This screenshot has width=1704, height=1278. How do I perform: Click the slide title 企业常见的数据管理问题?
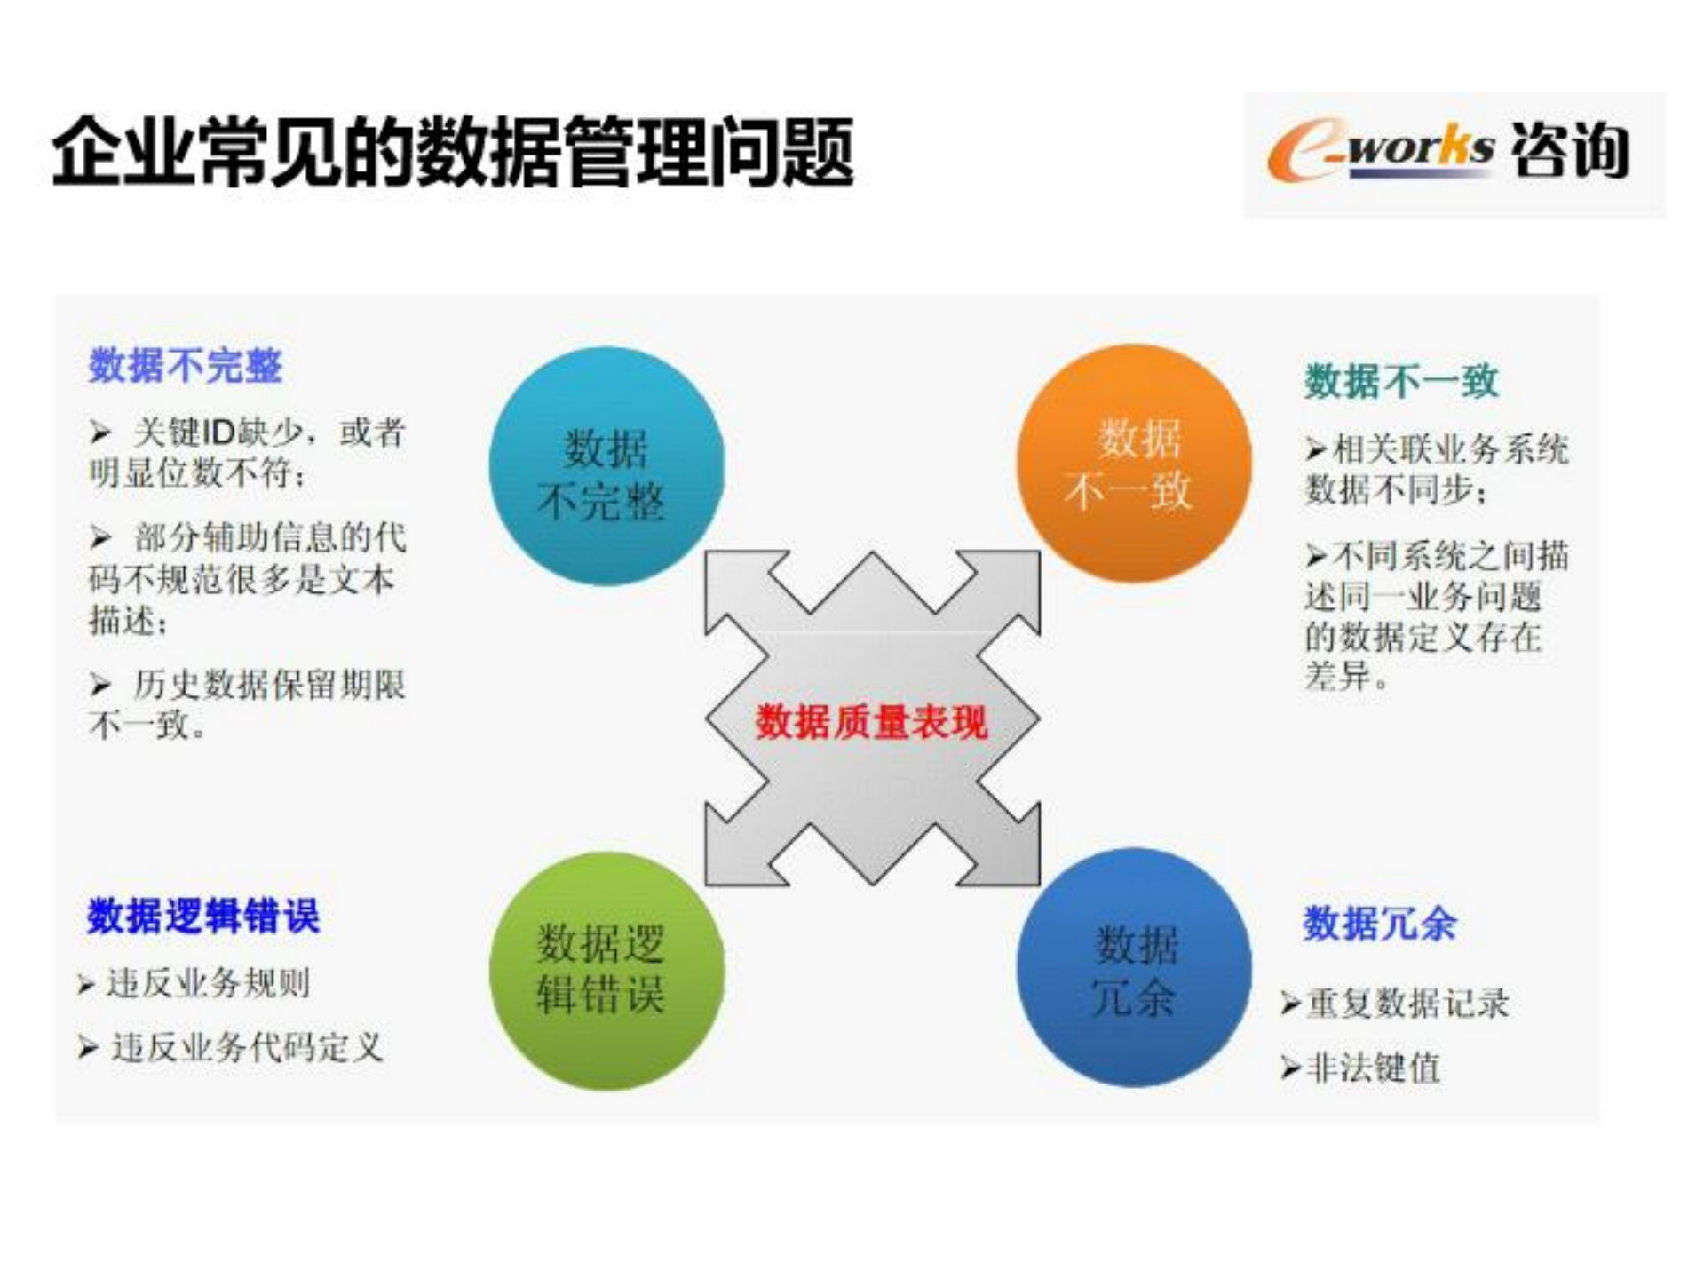coord(453,152)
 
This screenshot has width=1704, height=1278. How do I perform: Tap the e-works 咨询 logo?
coord(1452,153)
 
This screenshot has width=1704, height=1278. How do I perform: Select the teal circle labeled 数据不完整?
coord(606,466)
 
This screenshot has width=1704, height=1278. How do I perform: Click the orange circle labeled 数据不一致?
coord(1134,464)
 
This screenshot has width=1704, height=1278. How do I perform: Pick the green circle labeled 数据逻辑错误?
coord(606,971)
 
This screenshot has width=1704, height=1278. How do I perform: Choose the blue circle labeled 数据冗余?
coord(1134,968)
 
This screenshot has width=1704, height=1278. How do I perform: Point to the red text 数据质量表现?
coord(871,721)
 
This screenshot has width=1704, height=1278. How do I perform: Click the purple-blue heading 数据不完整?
coord(186,365)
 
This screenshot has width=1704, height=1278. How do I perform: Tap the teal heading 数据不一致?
coord(1401,381)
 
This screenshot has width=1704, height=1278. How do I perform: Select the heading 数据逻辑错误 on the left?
coord(203,916)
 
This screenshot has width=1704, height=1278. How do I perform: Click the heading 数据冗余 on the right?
coord(1379,923)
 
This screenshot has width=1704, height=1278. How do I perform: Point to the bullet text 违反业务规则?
coord(208,983)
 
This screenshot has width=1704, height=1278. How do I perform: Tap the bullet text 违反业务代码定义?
coord(247,1048)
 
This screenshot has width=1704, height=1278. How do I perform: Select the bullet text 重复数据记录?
coord(1407,1004)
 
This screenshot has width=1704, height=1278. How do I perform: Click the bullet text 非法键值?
coord(1373,1068)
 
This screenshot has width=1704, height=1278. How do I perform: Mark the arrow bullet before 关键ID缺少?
coord(99,433)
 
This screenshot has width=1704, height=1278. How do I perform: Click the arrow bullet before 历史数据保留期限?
coord(99,685)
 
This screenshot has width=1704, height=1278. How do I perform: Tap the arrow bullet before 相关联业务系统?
coord(1315,450)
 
